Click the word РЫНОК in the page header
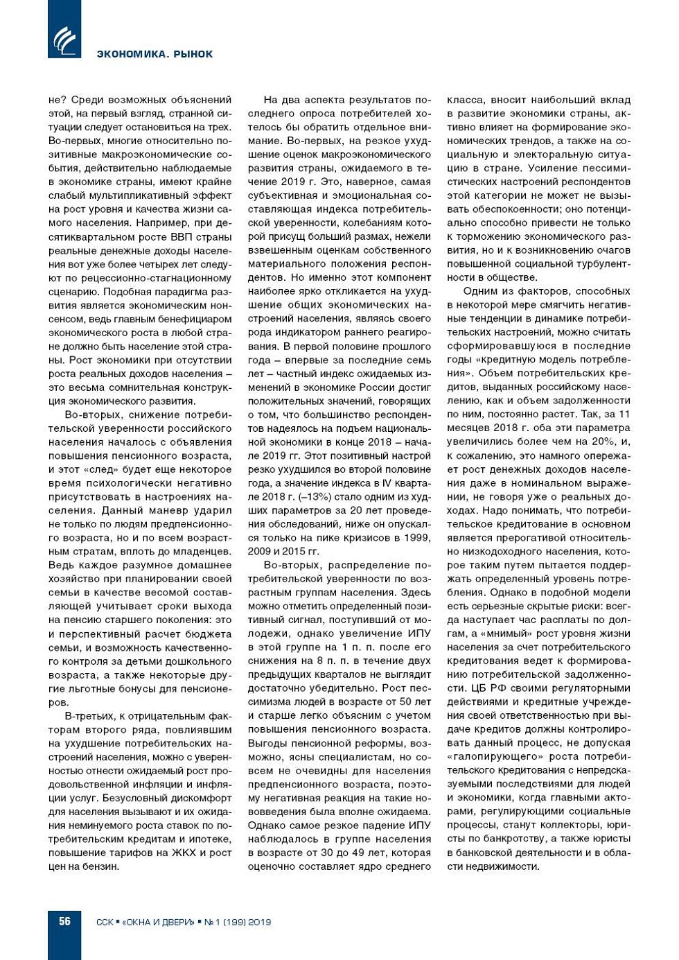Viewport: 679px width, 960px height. tap(193, 54)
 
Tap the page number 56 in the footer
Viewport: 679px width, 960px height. tap(64, 921)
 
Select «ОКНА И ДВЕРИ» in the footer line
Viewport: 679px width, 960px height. tap(159, 923)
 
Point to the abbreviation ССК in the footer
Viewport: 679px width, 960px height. tap(104, 923)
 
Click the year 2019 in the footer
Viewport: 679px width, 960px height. tap(259, 923)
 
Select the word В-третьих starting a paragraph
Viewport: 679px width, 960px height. tap(88, 716)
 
